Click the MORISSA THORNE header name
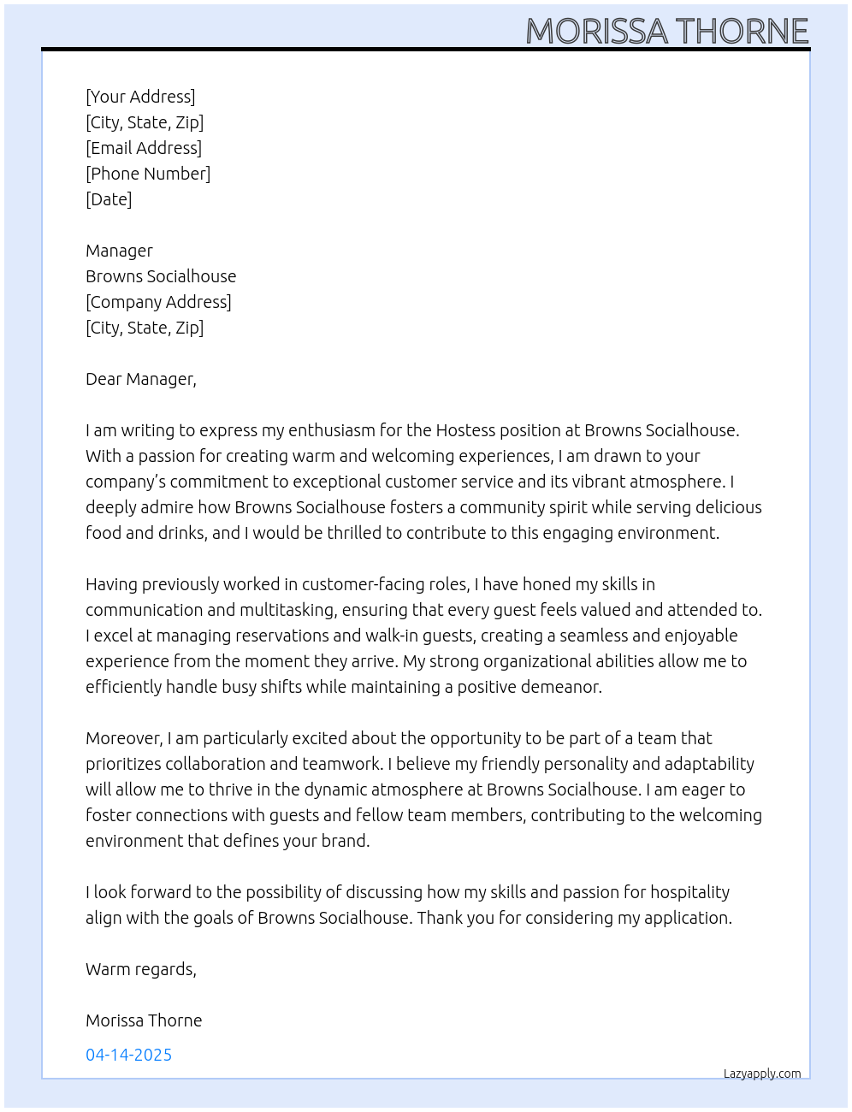[x=666, y=31]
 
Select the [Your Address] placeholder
[x=140, y=97]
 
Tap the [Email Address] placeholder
[x=144, y=148]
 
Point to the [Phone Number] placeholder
[x=148, y=174]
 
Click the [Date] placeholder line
[x=109, y=199]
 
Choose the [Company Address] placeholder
[x=158, y=302]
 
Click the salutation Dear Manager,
[x=141, y=379]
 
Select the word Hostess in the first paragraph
[x=467, y=430]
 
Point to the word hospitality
[x=689, y=892]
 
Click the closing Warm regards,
[x=141, y=969]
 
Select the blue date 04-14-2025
[x=128, y=1055]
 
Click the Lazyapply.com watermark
[x=762, y=1074]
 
